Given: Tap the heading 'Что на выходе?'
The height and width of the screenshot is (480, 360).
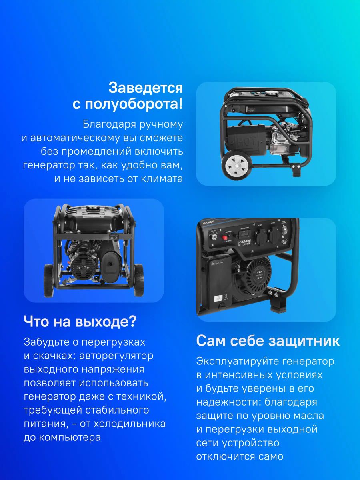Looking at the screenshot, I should coord(80,321).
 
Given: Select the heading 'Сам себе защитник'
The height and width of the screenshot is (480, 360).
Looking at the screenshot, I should coord(268,341).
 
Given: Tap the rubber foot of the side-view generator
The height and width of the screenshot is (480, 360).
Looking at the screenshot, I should coord(296,170).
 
